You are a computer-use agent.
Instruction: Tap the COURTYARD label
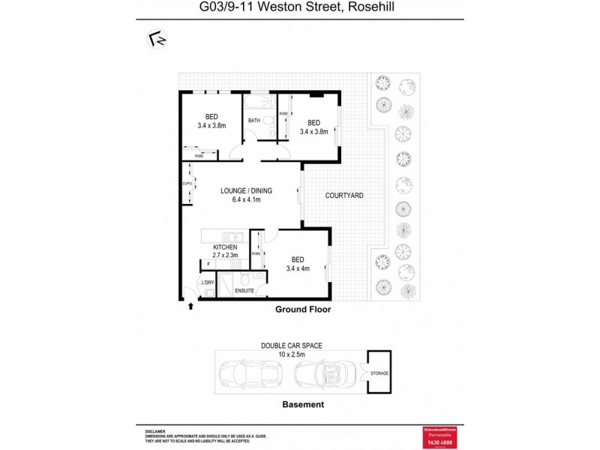[x=344, y=196]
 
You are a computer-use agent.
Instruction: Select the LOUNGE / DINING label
[x=246, y=191]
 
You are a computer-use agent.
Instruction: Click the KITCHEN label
[x=226, y=247]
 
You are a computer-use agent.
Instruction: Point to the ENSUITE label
[x=244, y=290]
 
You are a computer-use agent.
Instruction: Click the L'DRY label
[x=207, y=281]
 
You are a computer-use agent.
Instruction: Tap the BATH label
[x=254, y=121]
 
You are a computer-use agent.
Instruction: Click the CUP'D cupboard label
[x=187, y=184]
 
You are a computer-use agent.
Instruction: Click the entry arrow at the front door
[x=190, y=305]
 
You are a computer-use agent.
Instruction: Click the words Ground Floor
[x=303, y=309]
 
